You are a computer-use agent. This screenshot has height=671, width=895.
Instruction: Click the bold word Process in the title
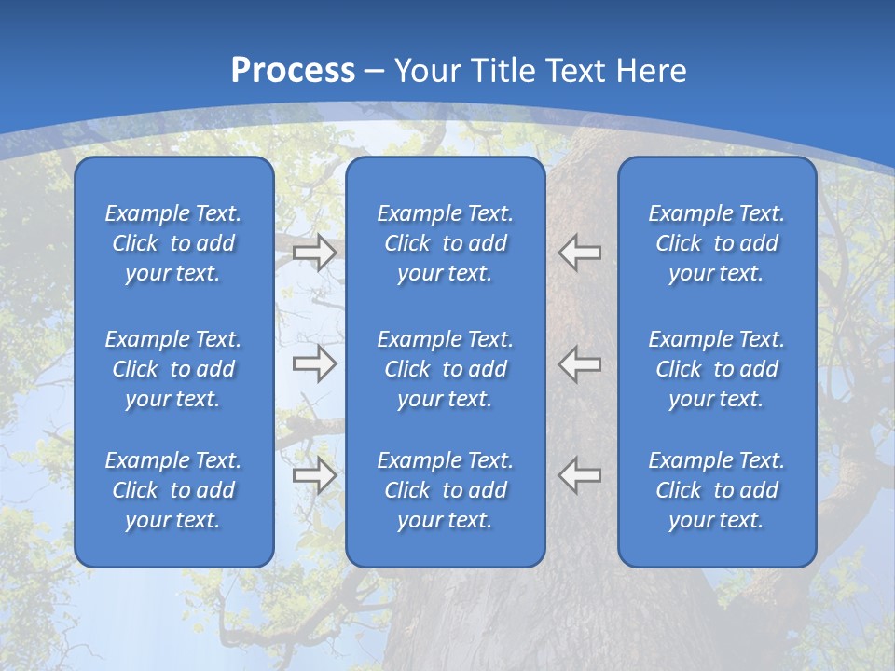coord(293,71)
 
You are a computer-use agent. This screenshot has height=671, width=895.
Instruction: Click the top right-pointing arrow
coord(314,253)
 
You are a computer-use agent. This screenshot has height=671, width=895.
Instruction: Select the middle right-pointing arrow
coord(314,363)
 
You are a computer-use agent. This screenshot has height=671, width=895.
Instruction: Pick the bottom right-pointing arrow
coord(314,475)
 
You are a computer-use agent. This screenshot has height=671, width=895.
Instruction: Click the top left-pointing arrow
coord(580,253)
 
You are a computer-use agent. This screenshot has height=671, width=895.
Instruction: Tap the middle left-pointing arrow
coord(580,363)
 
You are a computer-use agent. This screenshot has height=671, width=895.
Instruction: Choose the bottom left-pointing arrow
coord(580,475)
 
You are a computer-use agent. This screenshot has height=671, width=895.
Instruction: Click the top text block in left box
coord(173,243)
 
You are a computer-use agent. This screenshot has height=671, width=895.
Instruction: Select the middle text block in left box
coord(173,369)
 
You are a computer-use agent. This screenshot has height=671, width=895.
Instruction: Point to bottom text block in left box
coord(173,490)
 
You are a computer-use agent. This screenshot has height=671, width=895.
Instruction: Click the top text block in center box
coord(446,243)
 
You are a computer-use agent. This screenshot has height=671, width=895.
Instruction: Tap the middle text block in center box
coord(446,369)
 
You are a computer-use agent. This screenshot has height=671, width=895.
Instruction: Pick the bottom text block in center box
coord(446,490)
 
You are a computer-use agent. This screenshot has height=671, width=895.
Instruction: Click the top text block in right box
coord(717,243)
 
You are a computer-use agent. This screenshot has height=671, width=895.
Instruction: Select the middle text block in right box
coord(717,369)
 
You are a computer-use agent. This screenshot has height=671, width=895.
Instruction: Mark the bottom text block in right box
coord(717,490)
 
